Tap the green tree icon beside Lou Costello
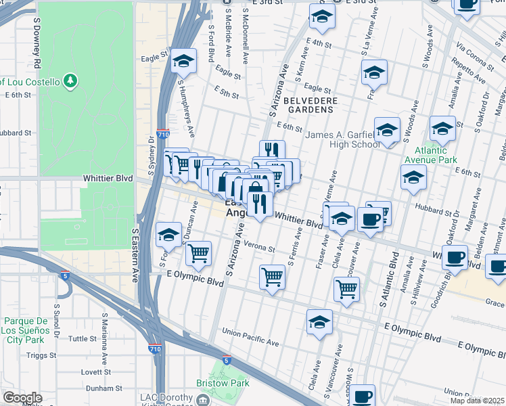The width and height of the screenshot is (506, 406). pyautogui.click(x=70, y=82)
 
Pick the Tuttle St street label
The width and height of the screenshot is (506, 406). pyautogui.click(x=83, y=338)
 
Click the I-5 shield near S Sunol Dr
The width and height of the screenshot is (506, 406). pyautogui.click(x=64, y=275)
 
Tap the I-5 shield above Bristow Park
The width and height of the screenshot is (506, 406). pyautogui.click(x=227, y=361)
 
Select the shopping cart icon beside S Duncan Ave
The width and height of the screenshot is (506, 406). pyautogui.click(x=198, y=254)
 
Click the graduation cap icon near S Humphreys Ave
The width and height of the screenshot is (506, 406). pyautogui.click(x=182, y=61)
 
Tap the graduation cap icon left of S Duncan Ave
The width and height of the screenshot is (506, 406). pyautogui.click(x=169, y=235)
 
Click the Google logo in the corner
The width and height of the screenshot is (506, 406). pyautogui.click(x=22, y=397)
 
